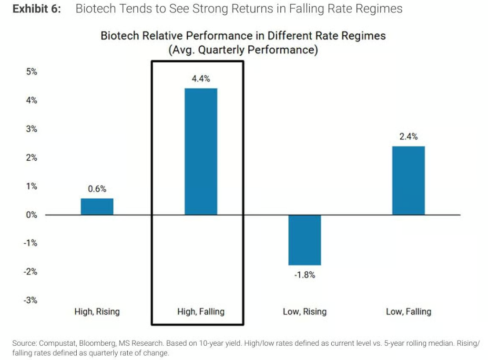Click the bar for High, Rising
(x=97, y=206)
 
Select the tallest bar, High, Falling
(x=201, y=152)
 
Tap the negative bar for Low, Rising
(x=305, y=240)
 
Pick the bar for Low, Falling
(x=408, y=181)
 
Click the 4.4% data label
(x=201, y=79)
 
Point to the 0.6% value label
(x=97, y=189)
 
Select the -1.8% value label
(x=305, y=275)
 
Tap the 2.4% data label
(x=408, y=136)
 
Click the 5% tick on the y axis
(x=32, y=72)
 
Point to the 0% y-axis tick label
(x=32, y=215)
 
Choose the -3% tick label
(x=30, y=300)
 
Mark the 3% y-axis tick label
(x=32, y=129)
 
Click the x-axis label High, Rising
(x=97, y=312)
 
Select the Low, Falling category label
(x=408, y=312)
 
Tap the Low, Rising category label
(x=305, y=312)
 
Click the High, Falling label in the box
(x=201, y=312)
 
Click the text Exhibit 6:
(x=37, y=9)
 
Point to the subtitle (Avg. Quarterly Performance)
(x=243, y=50)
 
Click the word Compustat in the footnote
(x=58, y=343)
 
